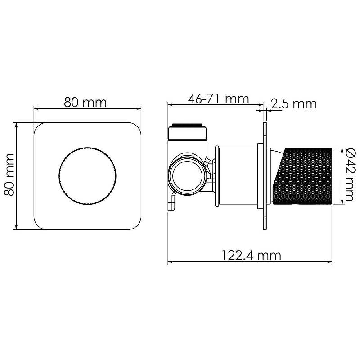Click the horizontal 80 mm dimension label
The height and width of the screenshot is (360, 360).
pos(85,103)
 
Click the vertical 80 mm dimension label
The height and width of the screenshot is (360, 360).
pos(9,175)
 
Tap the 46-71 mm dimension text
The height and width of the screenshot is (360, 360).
pos(218,99)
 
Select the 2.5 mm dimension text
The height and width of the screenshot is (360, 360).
pos(294,104)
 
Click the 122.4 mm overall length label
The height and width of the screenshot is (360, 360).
pos(252,255)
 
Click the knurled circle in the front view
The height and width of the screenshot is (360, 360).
pos(87,176)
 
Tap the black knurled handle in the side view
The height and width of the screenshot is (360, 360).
pos(303,176)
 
